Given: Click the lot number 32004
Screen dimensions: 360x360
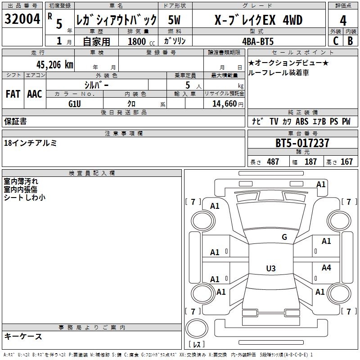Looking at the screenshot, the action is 22,19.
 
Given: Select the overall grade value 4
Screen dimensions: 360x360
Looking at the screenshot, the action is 343,21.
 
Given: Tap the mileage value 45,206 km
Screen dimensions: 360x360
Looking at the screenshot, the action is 54,65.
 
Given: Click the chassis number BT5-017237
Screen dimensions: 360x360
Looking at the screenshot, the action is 302,143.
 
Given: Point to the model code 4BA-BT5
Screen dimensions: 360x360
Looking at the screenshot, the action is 258,41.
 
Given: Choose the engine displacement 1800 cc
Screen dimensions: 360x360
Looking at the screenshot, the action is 141,41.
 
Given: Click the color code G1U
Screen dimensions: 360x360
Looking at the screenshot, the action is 75,104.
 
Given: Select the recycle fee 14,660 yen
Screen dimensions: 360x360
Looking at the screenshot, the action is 228,104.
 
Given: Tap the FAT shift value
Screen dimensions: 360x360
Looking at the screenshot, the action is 13,94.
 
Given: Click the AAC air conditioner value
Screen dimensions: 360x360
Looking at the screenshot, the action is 35,94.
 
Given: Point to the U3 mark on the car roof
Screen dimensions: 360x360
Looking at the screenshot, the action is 271,268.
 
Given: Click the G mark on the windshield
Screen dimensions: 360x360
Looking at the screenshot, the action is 284,237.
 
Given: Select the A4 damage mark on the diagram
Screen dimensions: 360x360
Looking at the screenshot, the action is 326,267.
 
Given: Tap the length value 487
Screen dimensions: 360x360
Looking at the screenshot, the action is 273,162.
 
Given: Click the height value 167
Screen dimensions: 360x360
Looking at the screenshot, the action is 346,162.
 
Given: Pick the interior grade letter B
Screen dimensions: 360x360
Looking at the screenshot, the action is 350,41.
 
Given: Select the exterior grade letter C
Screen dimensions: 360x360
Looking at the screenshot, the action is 336,41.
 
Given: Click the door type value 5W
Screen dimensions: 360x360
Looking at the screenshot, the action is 174,20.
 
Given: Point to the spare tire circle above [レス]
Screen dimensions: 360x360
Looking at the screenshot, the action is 197,328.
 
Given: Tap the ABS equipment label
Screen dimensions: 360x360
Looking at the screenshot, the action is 302,121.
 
